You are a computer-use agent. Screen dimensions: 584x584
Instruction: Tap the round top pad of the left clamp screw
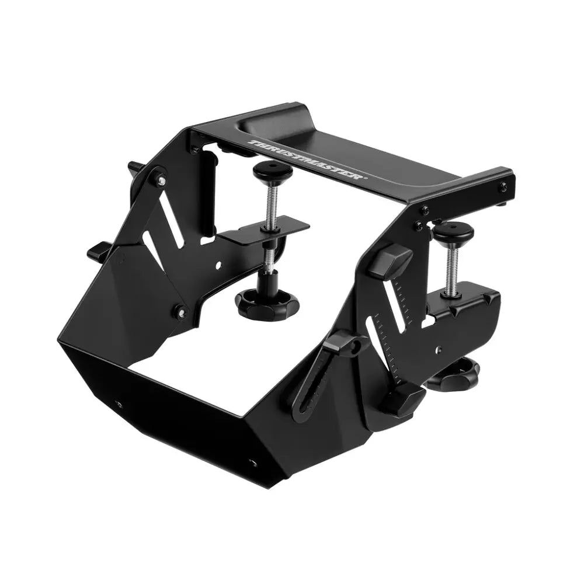click(273, 171)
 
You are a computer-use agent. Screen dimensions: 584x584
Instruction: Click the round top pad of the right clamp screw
click(453, 232)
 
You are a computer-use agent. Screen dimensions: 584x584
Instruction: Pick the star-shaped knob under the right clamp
click(456, 374)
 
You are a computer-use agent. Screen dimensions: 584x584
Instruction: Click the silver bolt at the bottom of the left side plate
click(179, 312)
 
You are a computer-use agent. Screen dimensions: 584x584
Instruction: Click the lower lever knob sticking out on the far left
click(98, 252)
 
